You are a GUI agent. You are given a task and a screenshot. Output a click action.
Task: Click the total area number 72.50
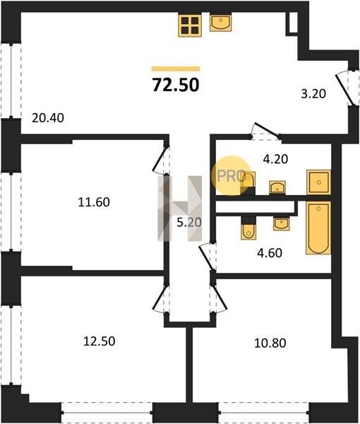(176, 85)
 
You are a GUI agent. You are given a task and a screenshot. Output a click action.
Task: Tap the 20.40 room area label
(48, 118)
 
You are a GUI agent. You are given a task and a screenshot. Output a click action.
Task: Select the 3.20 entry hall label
(313, 94)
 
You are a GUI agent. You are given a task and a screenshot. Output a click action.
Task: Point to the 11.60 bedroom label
(94, 202)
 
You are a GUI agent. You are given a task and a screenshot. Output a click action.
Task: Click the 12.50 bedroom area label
(100, 341)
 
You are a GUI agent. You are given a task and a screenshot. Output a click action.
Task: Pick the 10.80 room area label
(270, 343)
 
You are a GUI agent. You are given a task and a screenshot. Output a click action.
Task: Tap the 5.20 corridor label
(189, 223)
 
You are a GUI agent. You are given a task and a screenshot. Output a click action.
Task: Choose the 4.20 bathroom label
(275, 159)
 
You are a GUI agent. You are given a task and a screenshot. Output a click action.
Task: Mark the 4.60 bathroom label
(270, 253)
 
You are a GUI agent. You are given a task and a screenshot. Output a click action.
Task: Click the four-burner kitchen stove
(190, 25)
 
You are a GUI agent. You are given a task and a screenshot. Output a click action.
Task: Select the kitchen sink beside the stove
(221, 23)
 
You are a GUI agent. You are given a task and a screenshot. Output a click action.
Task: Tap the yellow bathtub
(318, 228)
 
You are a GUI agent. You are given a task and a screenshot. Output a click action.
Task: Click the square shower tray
(318, 182)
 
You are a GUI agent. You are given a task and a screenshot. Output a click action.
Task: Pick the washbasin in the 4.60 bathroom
(281, 224)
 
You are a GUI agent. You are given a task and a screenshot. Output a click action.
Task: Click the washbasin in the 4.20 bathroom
(277, 187)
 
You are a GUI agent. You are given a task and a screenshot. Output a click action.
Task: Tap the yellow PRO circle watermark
(230, 175)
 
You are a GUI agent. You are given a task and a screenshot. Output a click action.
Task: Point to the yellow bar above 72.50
(176, 69)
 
